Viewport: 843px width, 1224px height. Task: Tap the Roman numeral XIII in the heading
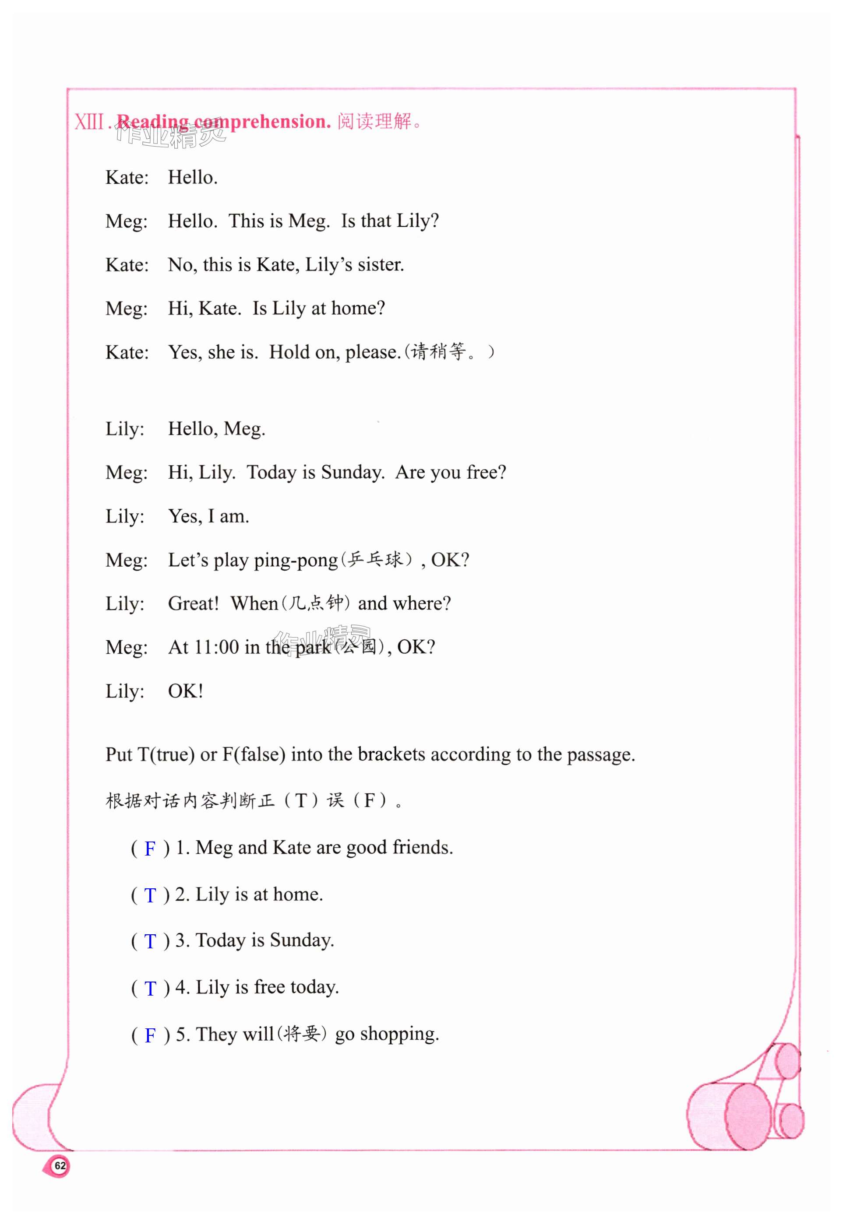(89, 122)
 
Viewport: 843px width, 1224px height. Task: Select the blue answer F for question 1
(150, 849)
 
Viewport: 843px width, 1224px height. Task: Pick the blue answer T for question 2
(150, 895)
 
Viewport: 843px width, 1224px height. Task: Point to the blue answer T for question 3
(150, 941)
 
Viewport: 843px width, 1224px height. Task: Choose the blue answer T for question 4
(150, 988)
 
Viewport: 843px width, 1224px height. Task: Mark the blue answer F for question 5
(150, 1035)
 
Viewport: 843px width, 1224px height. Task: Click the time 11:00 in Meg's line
(217, 647)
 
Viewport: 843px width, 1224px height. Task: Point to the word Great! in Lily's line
(193, 603)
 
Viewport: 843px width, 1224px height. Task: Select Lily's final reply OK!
(185, 691)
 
